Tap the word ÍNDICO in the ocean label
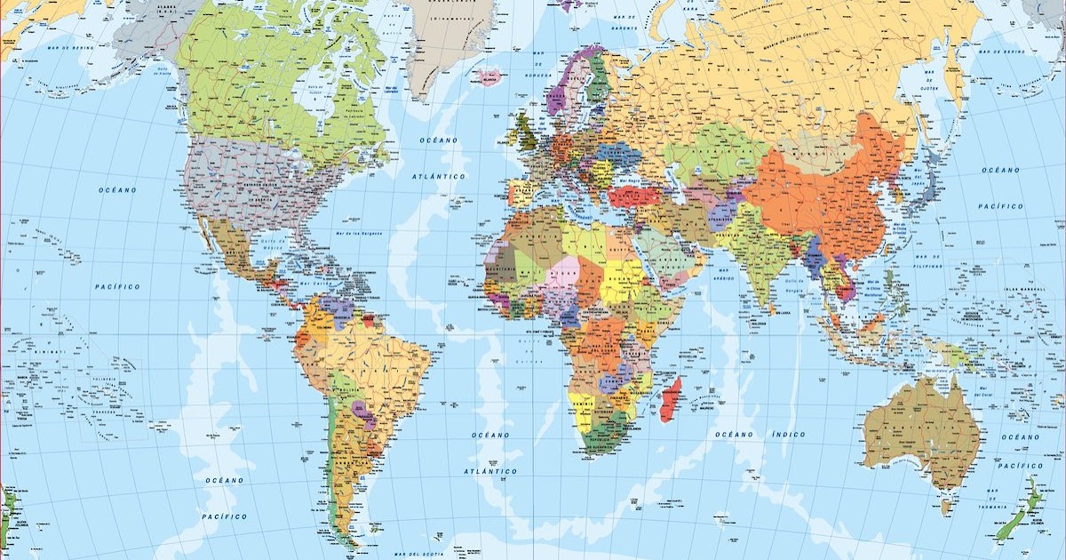[x=788, y=435]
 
